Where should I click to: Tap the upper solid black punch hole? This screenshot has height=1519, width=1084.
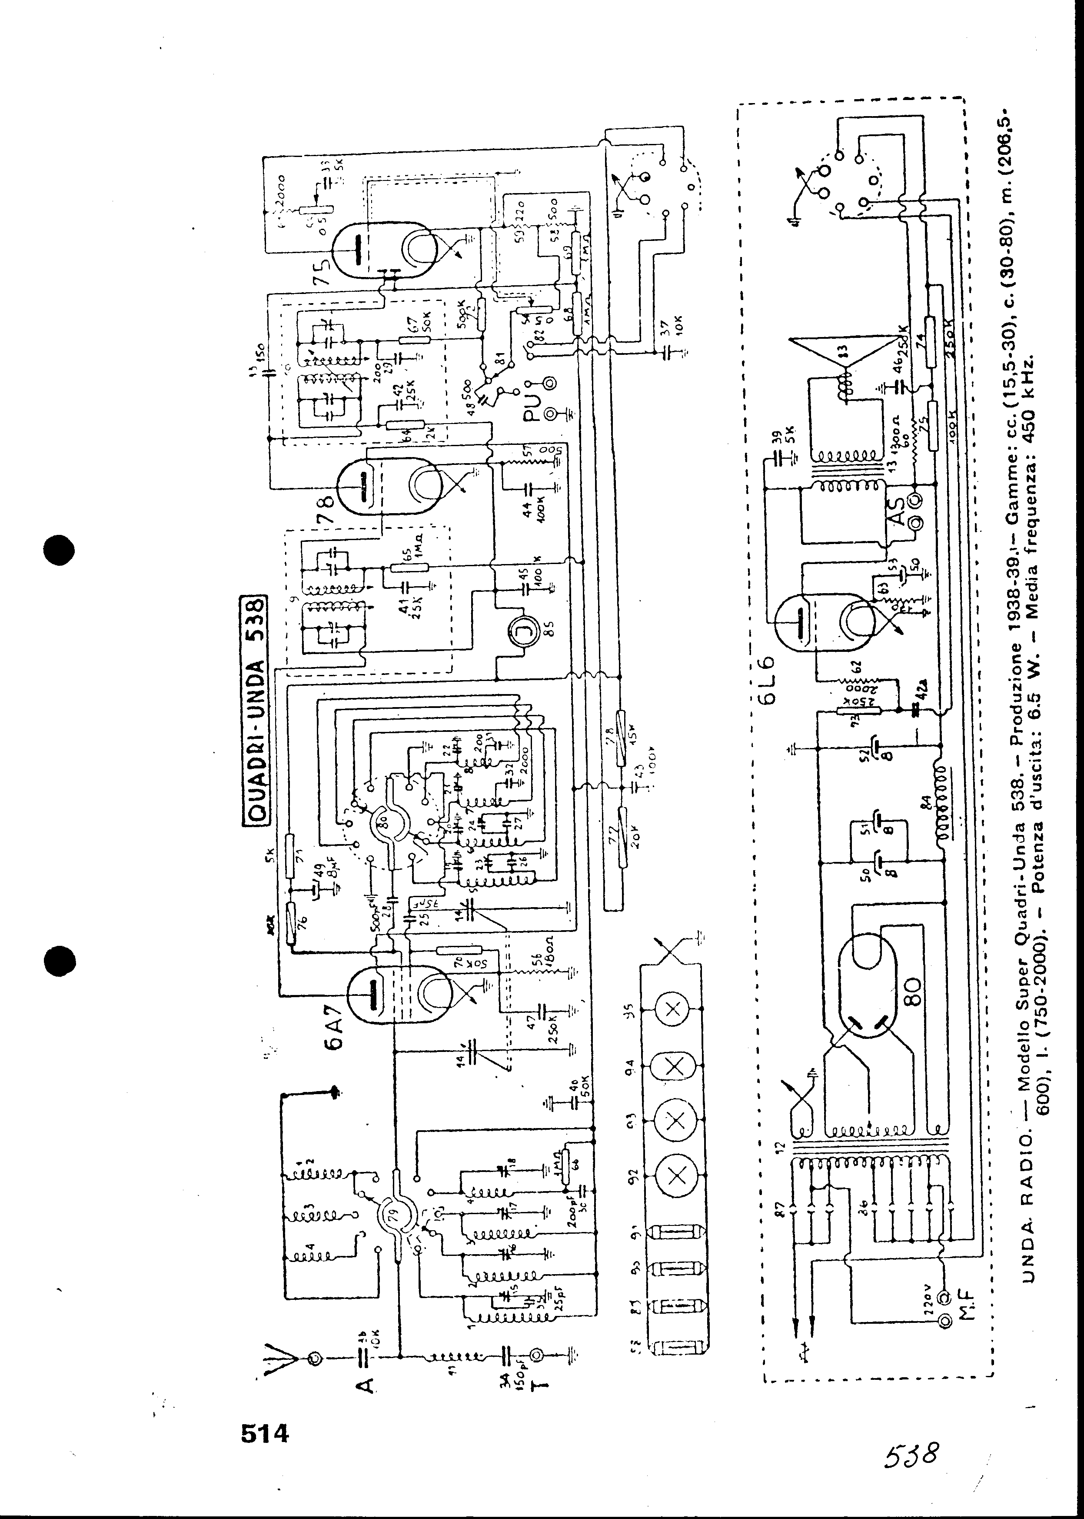click(x=58, y=551)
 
